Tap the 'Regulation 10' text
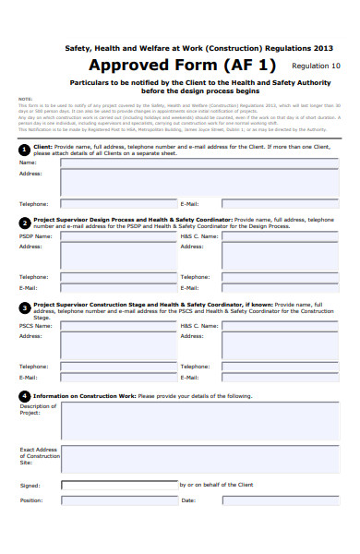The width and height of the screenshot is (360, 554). [x=316, y=66]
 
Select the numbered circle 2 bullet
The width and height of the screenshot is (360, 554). [x=24, y=222]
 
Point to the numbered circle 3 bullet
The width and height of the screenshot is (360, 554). [x=24, y=307]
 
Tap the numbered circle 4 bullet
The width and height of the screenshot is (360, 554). [x=24, y=395]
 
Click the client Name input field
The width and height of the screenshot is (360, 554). [x=200, y=163]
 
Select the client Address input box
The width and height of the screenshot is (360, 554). [x=200, y=182]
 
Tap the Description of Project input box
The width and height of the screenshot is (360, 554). [x=200, y=420]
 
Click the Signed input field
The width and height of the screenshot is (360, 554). [x=118, y=483]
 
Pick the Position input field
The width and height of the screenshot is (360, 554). [x=118, y=500]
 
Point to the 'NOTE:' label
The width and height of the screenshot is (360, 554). [x=25, y=98]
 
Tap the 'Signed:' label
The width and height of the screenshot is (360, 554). [x=30, y=485]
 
